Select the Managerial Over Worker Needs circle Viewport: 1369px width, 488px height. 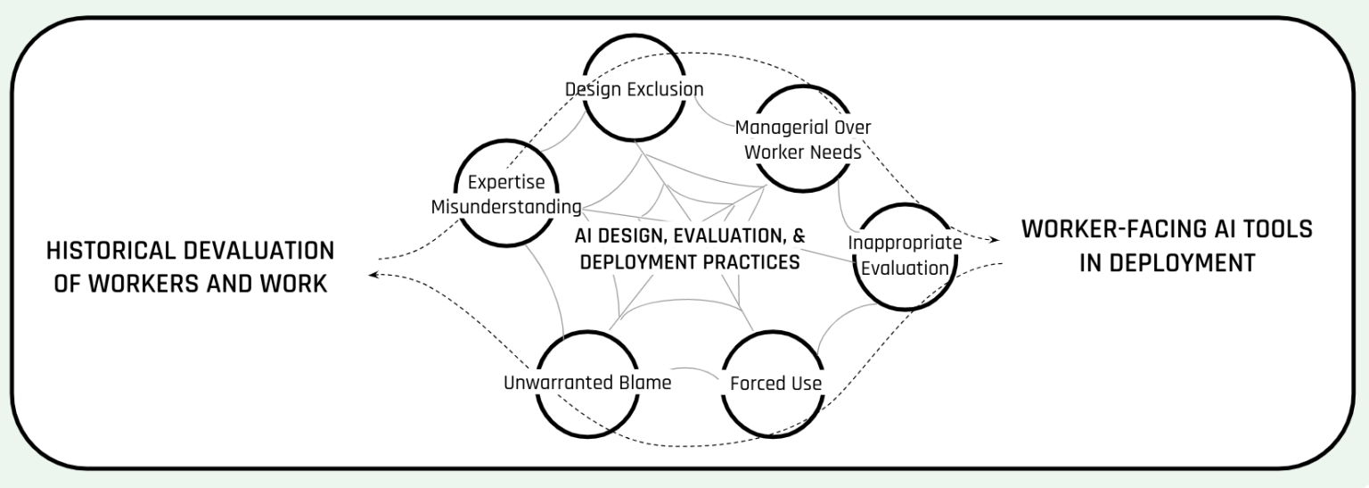coord(803,138)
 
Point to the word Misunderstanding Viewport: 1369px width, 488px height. coord(505,207)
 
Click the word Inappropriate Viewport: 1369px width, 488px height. coord(905,243)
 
